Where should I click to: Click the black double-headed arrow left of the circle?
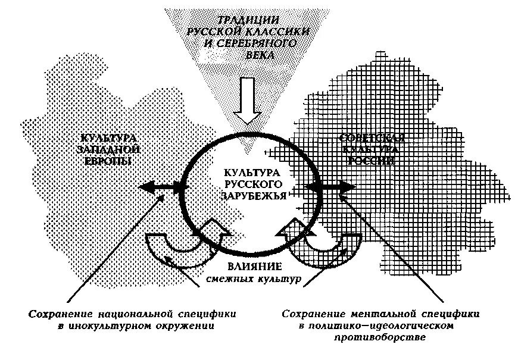pos(161,187)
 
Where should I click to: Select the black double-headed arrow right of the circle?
pos(330,186)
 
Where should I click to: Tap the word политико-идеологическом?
pos(381,326)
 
